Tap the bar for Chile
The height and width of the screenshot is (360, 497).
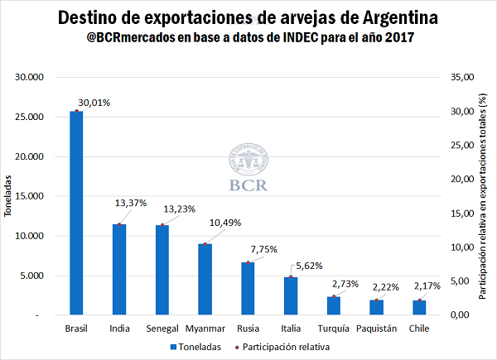[419, 307]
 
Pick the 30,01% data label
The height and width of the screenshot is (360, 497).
[95, 103]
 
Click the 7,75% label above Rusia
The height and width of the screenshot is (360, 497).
[263, 248]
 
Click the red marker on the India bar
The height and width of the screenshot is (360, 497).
[119, 224]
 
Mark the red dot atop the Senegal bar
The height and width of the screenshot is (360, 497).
[162, 225]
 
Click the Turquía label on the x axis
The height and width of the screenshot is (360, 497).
[333, 329]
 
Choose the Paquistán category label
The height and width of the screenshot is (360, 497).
[376, 329]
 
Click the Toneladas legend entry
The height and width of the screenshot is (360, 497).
[199, 347]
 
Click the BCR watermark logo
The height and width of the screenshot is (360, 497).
[248, 170]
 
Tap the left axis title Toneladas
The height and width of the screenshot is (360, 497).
[9, 196]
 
